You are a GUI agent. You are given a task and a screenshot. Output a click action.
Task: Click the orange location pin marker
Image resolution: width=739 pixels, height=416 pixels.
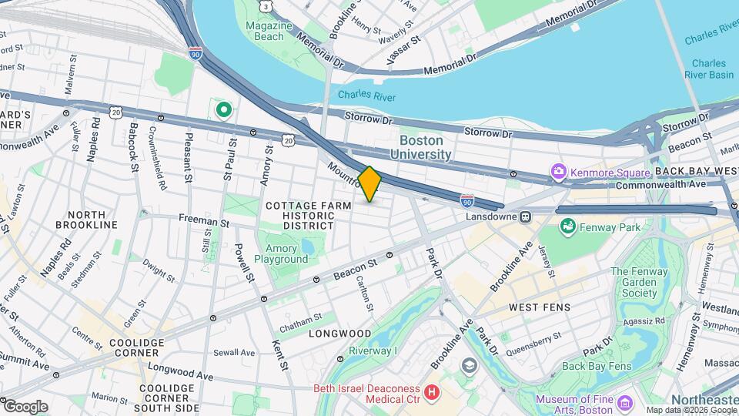tap(369, 184)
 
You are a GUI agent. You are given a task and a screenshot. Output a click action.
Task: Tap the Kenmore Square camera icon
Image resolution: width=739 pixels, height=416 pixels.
tap(559, 170)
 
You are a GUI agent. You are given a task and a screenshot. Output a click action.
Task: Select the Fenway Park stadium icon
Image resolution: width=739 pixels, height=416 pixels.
tap(568, 226)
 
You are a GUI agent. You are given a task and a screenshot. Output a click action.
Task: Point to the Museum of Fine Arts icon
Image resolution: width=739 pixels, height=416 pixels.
tap(624, 403)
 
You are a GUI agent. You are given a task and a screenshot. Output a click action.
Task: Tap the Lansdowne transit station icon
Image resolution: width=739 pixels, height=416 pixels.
tap(527, 216)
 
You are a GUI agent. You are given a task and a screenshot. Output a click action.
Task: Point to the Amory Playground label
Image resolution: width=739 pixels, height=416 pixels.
tap(286, 254)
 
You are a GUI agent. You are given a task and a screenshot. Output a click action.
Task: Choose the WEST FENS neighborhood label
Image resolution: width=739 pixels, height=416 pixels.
tap(540, 307)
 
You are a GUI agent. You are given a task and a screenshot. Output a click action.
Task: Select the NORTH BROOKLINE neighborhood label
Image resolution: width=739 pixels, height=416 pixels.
tap(82, 220)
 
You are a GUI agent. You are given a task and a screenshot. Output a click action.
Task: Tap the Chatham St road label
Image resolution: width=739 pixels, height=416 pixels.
tap(300, 317)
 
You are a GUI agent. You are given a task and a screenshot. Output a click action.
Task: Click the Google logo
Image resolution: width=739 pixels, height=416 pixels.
tap(25, 406)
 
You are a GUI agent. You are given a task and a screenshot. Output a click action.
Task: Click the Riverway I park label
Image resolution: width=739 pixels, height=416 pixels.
tap(373, 351)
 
